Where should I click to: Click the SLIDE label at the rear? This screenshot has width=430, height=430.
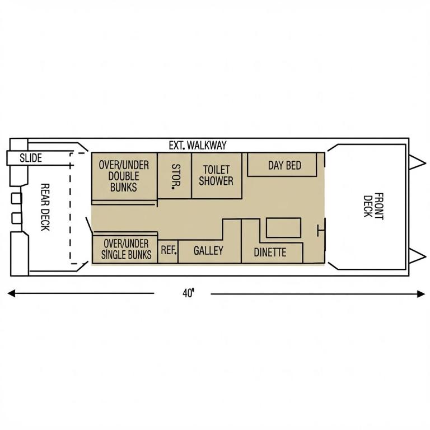tap(31, 158)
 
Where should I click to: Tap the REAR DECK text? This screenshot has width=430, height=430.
tap(45, 207)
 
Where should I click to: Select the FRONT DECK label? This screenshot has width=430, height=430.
tap(373, 205)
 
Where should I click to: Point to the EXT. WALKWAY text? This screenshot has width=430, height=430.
tap(198, 146)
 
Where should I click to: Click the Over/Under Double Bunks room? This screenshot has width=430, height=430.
tap(124, 176)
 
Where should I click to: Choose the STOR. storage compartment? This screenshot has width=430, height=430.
tap(175, 176)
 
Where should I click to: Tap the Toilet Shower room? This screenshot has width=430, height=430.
tap(217, 176)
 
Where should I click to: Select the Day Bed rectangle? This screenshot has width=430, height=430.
tap(282, 165)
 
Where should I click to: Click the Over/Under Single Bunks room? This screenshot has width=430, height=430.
tap(125, 249)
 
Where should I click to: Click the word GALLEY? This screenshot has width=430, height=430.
tap(208, 250)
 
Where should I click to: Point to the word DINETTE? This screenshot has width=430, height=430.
tap(270, 253)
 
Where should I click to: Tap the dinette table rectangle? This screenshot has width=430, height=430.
tap(283, 228)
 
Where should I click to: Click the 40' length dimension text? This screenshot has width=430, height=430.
tap(188, 293)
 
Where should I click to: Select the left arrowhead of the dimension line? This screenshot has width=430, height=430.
tap(11, 294)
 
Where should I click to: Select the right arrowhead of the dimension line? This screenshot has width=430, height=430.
tap(421, 294)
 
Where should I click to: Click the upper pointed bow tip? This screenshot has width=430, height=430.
tap(426, 163)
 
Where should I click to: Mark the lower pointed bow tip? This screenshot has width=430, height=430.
tap(426, 256)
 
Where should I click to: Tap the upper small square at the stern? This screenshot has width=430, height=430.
tap(16, 198)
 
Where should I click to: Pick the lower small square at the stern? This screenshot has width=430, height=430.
tap(16, 218)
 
